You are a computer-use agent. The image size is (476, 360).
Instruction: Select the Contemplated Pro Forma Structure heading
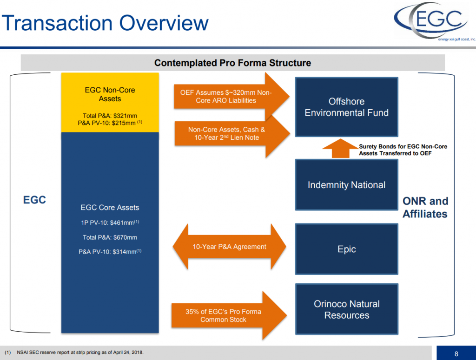pyautogui.click(x=232, y=63)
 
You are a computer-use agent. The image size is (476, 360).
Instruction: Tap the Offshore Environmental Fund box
pyautogui.click(x=346, y=107)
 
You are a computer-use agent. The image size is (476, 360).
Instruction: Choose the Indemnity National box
pyautogui.click(x=346, y=185)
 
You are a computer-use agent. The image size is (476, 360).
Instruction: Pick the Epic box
pyautogui.click(x=346, y=249)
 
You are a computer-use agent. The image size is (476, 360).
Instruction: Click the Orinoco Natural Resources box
pyautogui.click(x=346, y=309)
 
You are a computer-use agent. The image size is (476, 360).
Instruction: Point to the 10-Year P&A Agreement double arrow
pyautogui.click(x=230, y=247)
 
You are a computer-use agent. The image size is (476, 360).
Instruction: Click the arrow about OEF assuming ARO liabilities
pyautogui.click(x=228, y=97)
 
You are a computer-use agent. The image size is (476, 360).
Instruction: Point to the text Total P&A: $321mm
pyautogui.click(x=110, y=116)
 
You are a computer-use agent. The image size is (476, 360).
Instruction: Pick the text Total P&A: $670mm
pyautogui.click(x=110, y=237)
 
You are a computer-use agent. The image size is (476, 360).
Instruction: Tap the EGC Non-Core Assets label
pyautogui.click(x=110, y=94)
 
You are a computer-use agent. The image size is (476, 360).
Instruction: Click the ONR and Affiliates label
pyautogui.click(x=425, y=207)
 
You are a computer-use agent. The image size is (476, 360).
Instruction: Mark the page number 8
pyautogui.click(x=456, y=354)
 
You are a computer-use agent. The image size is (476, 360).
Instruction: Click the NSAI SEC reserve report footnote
pyautogui.click(x=77, y=353)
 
